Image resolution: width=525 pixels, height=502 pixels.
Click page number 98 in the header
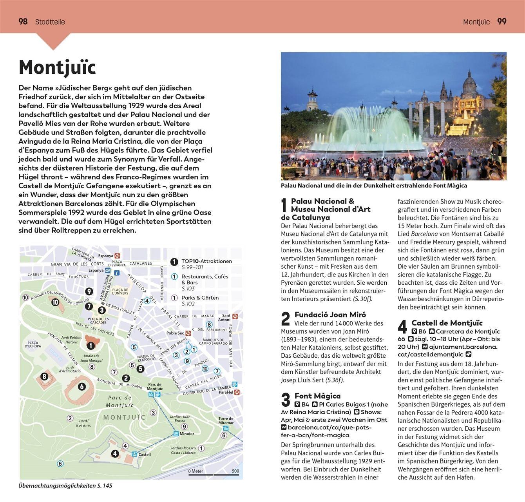tap(23, 22)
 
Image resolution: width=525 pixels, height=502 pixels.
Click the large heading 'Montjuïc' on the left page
tap(57, 67)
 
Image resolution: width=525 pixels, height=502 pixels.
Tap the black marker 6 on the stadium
tap(81, 387)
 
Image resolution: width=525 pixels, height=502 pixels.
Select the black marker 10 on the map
tap(55, 302)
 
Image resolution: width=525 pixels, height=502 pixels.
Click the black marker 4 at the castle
tap(115, 454)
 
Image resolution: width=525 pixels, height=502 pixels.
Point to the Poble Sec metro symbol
tap(188, 333)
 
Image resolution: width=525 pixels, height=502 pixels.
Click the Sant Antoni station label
tap(226, 317)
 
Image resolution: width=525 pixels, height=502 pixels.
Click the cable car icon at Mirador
tap(176, 434)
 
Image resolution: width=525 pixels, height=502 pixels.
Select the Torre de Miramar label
tap(226, 420)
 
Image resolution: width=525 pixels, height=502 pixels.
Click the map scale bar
tap(214, 474)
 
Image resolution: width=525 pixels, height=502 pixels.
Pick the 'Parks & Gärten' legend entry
tap(200, 298)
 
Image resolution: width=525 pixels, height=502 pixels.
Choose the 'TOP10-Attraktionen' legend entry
tap(206, 261)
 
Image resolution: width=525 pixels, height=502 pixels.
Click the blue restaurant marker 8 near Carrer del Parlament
tap(209, 324)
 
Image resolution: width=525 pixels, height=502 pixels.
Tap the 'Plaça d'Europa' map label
tap(33, 344)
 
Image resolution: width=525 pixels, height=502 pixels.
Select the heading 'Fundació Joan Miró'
tap(330, 315)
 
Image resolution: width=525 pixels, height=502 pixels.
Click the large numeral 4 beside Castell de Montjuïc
tap(402, 327)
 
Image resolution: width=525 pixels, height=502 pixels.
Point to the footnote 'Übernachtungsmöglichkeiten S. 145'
tap(65, 486)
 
